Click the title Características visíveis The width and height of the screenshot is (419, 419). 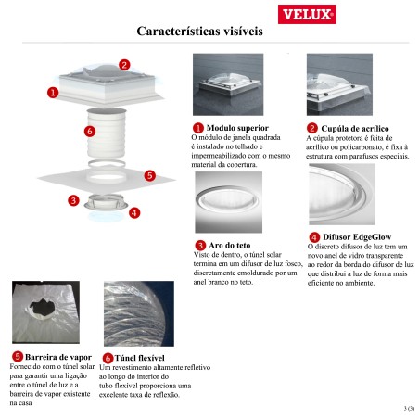click(x=199, y=32)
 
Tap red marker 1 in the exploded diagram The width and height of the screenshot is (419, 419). click(x=53, y=92)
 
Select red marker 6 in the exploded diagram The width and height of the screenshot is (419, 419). click(x=89, y=132)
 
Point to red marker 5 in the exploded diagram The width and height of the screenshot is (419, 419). click(x=150, y=174)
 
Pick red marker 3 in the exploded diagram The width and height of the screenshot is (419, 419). click(x=73, y=199)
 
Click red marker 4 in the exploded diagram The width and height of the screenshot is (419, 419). click(x=134, y=212)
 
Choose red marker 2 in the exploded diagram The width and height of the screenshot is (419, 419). click(x=124, y=66)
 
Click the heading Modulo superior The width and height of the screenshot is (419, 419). click(x=237, y=127)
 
